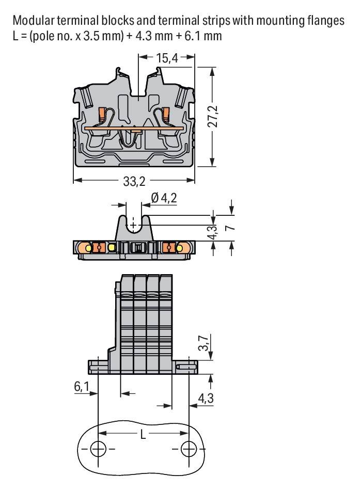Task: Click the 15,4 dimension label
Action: tap(167, 58)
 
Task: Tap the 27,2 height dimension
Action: tap(213, 116)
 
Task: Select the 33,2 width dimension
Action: tap(134, 181)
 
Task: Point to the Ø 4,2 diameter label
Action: tap(164, 198)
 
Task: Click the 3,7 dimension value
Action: tap(204, 343)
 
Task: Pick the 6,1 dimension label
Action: tap(82, 386)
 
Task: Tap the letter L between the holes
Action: tap(143, 434)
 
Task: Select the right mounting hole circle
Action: tap(189, 450)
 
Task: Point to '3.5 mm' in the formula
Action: tap(102, 36)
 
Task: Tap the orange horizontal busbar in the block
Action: tap(134, 128)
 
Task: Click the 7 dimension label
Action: tap(230, 227)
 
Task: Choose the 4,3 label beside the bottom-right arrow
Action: tap(206, 398)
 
